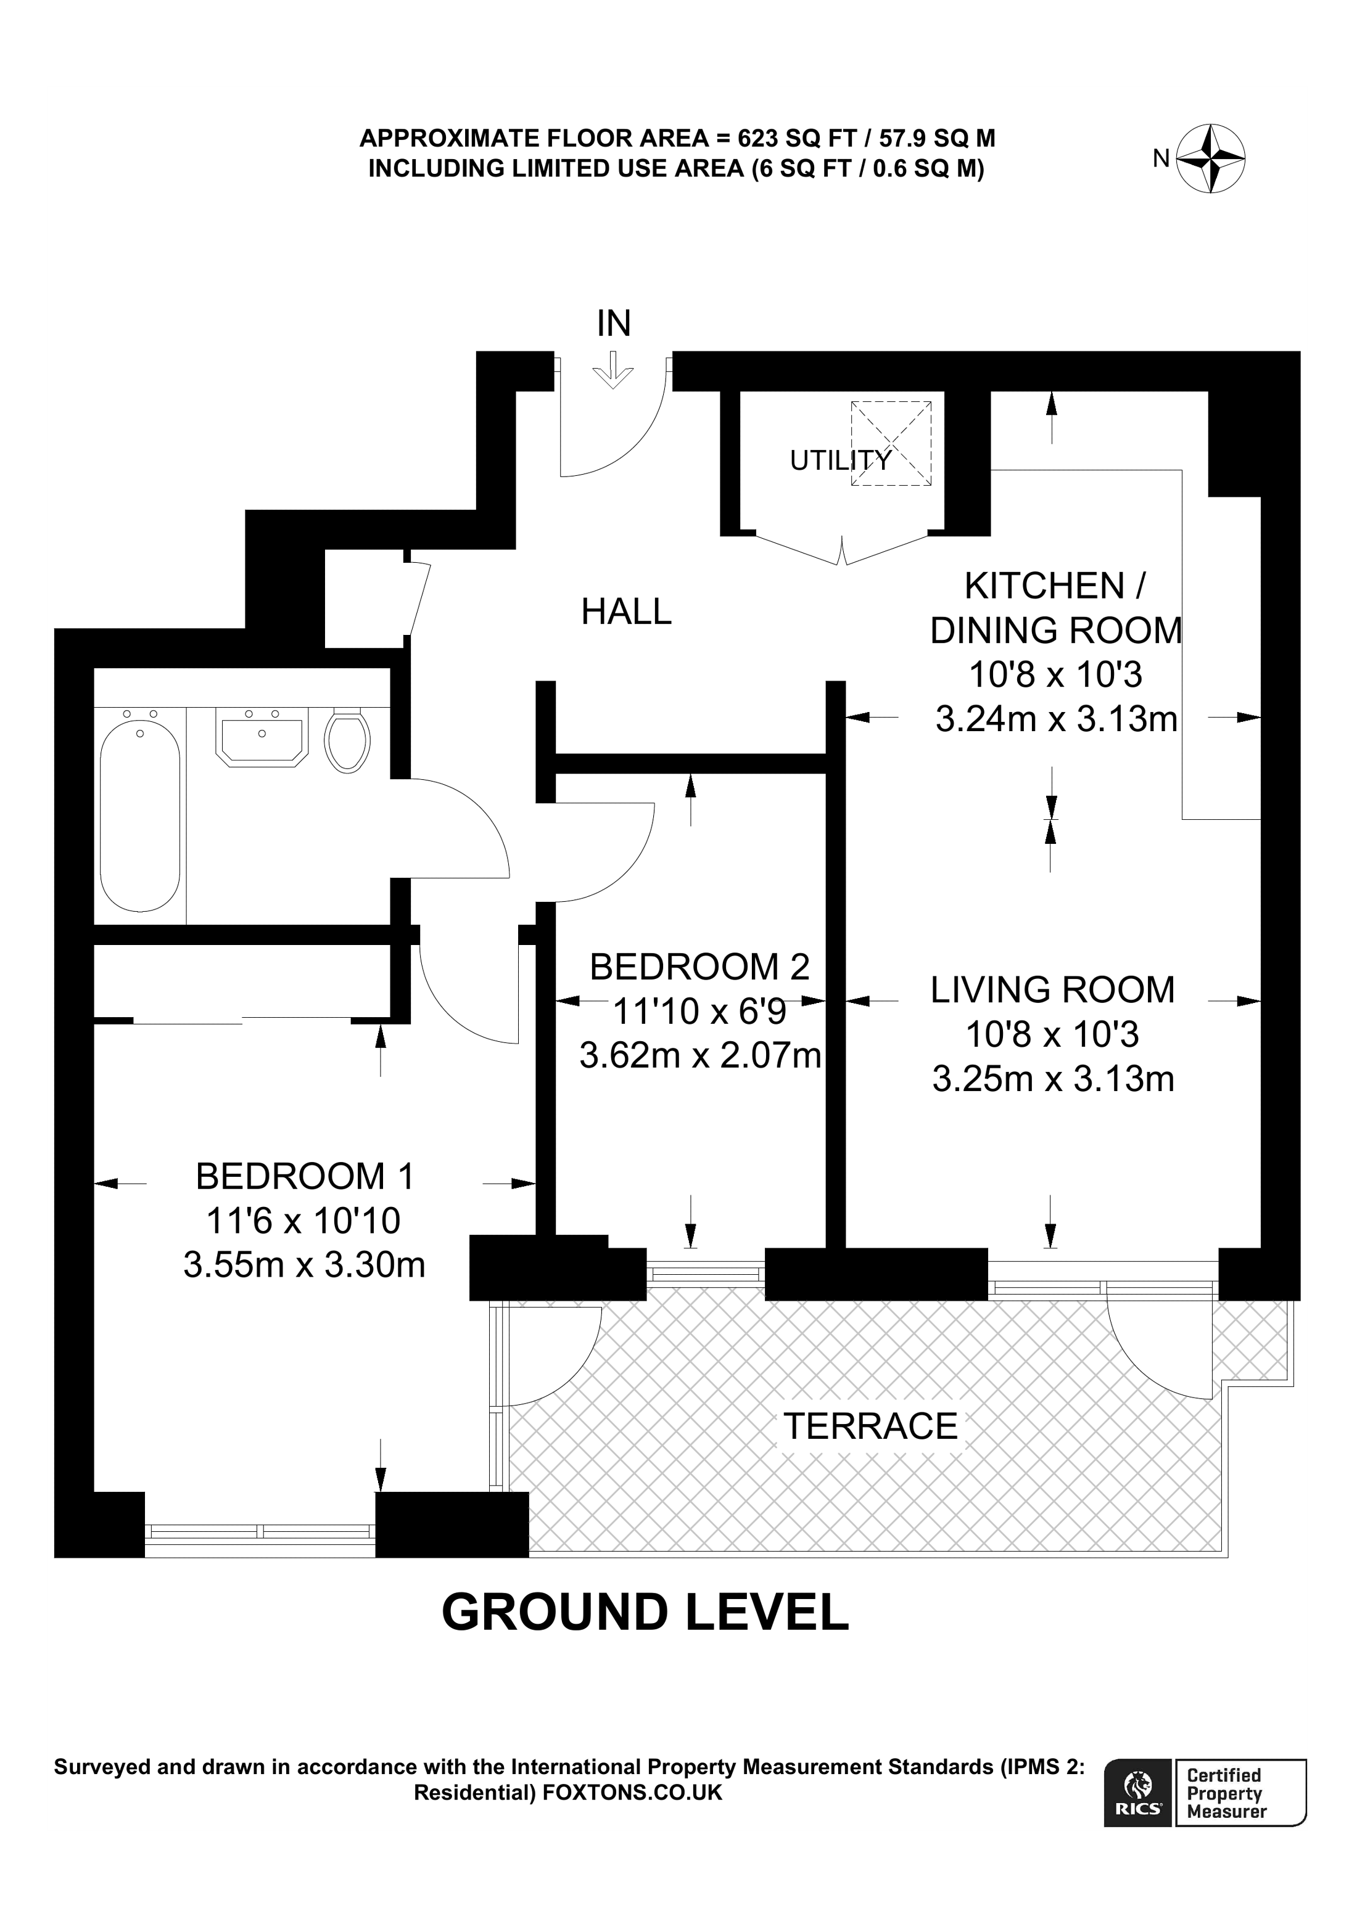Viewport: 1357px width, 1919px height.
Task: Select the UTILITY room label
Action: (x=840, y=460)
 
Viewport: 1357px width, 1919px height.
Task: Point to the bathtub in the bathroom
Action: (x=139, y=815)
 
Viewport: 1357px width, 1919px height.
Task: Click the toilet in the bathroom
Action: (x=347, y=740)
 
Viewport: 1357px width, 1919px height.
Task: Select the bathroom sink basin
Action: (x=262, y=735)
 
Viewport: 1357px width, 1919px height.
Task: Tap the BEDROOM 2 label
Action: (x=700, y=967)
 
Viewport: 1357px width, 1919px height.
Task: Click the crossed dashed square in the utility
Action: (x=891, y=443)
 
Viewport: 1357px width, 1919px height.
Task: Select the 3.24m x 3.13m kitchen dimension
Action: (x=1056, y=719)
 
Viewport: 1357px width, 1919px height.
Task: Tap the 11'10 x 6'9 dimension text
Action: (x=700, y=1012)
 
